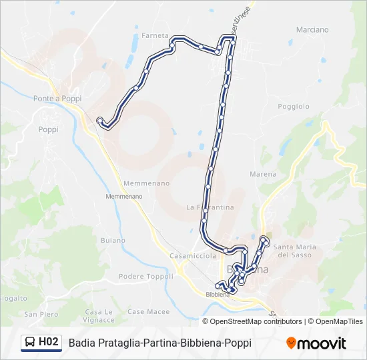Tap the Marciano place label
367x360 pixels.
pos(312,29)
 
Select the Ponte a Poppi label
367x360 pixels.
pos(57,98)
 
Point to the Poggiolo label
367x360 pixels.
pos(294,106)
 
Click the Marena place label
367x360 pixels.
pos(262,174)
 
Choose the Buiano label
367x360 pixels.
pos(113,240)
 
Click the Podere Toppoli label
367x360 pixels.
pos(145,276)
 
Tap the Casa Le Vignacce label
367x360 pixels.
pos(99,315)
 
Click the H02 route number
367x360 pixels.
pos(48,343)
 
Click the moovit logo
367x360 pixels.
pos(316,343)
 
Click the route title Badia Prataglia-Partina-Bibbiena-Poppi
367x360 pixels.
pos(159,343)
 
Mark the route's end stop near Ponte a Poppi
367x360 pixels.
pos(100,121)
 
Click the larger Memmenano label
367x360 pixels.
pos(146,183)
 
